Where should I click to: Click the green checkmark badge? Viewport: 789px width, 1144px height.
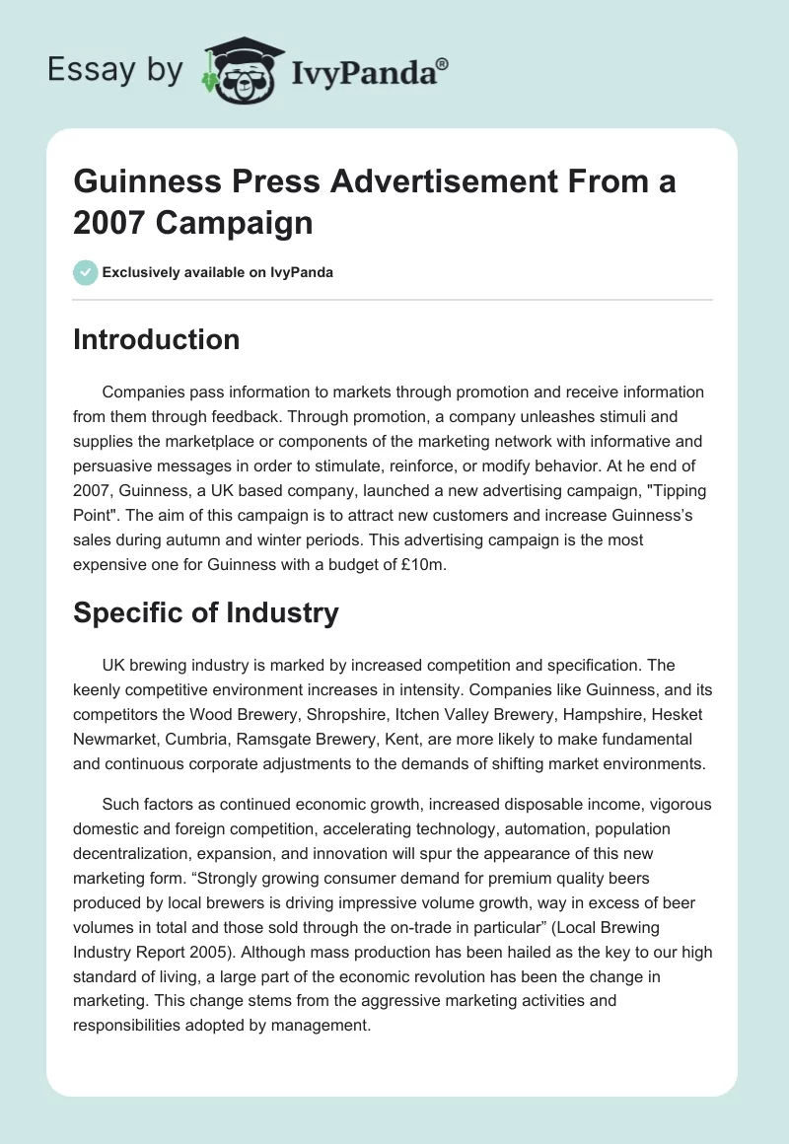coord(85,272)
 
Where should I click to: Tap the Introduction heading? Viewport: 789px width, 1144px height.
coord(156,339)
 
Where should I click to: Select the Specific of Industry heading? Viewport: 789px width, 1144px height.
coord(205,612)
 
